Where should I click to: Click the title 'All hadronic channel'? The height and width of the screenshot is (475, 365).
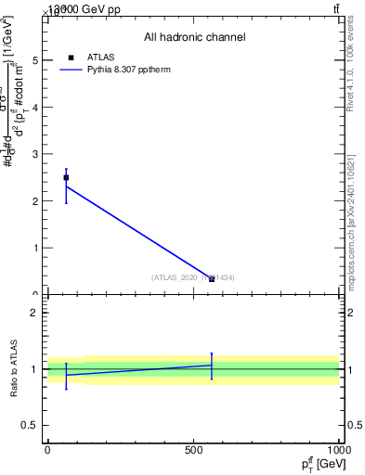194,37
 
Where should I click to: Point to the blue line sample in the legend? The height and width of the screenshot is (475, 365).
72,70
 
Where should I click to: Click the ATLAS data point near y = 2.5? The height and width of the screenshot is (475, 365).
66,177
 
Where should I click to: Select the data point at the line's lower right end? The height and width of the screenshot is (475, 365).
212,278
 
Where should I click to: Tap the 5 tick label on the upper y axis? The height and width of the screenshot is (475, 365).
35,60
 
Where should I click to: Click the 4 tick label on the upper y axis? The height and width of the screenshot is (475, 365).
35,107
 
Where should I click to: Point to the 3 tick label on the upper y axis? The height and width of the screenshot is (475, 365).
35,154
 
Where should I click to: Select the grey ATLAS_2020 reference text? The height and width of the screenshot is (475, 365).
193,277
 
